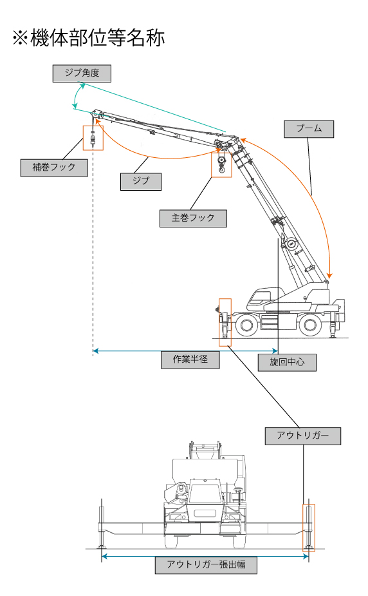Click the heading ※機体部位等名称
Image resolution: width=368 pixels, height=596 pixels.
(88, 39)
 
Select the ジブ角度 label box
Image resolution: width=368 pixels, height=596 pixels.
(82, 73)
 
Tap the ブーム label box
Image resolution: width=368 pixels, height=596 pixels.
(309, 129)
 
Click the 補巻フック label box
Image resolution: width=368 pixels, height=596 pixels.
(54, 168)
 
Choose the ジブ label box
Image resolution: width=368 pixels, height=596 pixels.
(141, 181)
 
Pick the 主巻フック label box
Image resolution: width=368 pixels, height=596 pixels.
(193, 218)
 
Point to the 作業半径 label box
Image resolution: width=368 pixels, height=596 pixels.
(190, 360)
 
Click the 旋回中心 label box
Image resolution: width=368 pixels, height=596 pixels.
(287, 362)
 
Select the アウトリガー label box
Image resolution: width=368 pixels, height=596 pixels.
(303, 436)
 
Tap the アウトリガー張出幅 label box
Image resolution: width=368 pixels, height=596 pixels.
(206, 565)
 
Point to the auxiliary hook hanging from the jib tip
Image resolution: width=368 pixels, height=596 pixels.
(93, 138)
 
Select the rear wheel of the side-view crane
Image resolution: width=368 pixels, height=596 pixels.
(310, 325)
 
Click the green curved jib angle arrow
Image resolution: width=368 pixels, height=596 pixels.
(75, 97)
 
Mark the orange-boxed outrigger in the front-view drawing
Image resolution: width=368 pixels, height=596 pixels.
(308, 528)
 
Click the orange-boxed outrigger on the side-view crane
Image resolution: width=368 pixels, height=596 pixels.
(225, 322)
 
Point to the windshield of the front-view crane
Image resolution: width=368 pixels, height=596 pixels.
(205, 494)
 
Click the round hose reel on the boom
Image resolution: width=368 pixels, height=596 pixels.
(291, 244)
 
